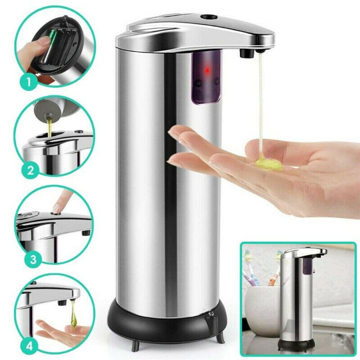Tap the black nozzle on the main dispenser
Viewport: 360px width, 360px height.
245,54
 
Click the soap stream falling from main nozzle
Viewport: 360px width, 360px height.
260,103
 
